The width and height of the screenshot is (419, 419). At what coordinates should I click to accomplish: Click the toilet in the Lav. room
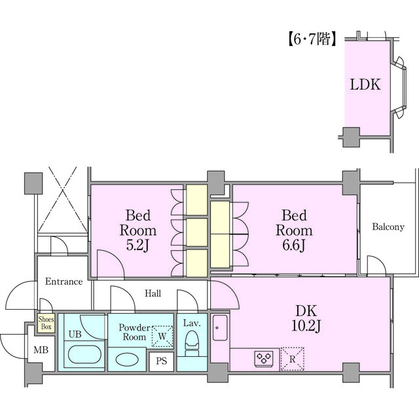[x=192, y=343]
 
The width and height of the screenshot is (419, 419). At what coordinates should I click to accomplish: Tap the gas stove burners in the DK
[x=263, y=358]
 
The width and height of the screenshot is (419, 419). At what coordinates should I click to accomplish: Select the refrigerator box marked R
[x=293, y=359]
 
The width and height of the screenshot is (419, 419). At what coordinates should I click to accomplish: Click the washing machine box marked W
[x=162, y=336]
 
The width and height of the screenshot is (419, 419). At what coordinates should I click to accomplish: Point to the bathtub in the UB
[x=84, y=355]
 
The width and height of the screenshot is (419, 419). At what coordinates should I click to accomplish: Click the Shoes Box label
[x=46, y=323]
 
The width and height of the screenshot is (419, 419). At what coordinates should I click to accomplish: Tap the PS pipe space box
[x=162, y=361]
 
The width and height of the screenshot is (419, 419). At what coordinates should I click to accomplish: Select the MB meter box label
[x=41, y=350]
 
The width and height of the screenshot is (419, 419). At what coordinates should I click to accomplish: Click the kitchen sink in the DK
[x=220, y=327]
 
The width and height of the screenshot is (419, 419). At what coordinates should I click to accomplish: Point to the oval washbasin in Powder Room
[x=127, y=359]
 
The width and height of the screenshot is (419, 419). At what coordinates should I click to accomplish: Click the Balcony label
[x=388, y=227]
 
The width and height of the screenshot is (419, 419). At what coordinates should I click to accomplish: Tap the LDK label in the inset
[x=365, y=84]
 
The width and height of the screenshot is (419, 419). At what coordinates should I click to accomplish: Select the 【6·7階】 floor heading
[x=312, y=39]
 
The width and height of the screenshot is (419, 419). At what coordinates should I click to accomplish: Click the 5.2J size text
[x=137, y=245]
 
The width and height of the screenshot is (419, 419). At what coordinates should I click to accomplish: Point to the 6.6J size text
[x=294, y=245]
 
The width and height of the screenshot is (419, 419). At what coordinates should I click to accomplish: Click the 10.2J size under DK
[x=306, y=325]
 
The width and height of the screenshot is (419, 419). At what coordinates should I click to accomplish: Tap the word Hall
[x=153, y=293]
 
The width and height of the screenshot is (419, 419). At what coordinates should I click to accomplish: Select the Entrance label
[x=64, y=282]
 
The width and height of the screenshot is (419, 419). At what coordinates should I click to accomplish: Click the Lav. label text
[x=192, y=323]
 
